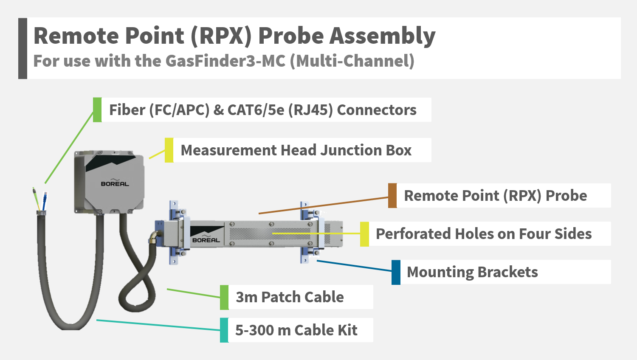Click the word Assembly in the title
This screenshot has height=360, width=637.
tap(383, 36)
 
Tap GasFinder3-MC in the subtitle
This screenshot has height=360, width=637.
tap(225, 61)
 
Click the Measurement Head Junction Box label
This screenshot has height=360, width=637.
tap(296, 150)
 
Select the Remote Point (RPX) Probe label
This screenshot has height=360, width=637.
tap(495, 196)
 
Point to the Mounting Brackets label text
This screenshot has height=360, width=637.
tap(472, 272)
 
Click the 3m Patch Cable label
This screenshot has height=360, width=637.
tap(290, 297)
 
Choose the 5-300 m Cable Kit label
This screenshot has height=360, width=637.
tap(296, 330)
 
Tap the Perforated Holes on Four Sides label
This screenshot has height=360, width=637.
tap(484, 234)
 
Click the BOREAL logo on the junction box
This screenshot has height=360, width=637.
tap(115, 183)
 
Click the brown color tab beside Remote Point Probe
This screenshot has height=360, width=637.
tap(392, 196)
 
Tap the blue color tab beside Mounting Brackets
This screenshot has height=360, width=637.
tap(396, 272)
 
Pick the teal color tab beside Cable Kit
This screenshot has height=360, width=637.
tap(224, 330)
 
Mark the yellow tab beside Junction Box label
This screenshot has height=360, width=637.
tap(169, 150)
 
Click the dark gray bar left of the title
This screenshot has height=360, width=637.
tap(23, 48)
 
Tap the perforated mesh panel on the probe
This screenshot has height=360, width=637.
tap(270, 234)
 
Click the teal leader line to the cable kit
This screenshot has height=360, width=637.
tap(157, 325)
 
